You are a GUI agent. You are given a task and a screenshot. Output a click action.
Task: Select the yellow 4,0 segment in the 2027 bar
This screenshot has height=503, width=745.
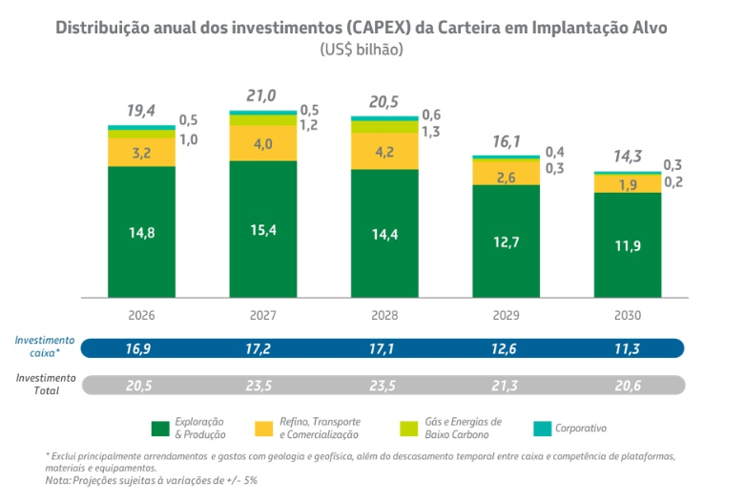pos(262,144)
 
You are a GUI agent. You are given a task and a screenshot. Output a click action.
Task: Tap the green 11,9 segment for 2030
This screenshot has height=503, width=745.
pos(628,244)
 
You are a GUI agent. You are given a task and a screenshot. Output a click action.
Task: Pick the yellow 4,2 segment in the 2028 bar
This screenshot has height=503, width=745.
pos(384,151)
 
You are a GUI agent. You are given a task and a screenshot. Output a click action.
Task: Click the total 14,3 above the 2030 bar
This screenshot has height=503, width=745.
pos(627,157)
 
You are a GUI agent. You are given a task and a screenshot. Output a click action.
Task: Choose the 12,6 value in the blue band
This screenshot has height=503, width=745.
pos(506,348)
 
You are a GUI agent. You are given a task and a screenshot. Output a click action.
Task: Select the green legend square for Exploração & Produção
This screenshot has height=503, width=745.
pos(160,428)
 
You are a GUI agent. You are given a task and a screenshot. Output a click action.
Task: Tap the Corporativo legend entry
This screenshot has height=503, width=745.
pos(580,428)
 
